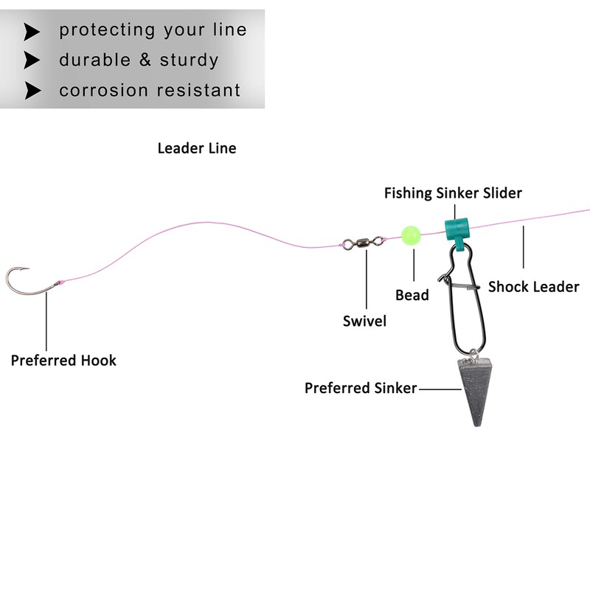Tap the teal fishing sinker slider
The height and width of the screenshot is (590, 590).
point(457,229)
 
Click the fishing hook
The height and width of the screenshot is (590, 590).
point(29,284)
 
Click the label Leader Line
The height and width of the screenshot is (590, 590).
point(197,148)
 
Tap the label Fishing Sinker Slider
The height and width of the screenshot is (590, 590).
point(453,193)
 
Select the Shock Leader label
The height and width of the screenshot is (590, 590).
point(533,286)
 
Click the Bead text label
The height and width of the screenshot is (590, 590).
point(412,295)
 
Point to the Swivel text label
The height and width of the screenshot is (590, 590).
point(364,321)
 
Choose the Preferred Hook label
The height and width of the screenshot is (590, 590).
point(63,361)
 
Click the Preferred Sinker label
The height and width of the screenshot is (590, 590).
point(361,387)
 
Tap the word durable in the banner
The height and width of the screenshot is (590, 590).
point(94,60)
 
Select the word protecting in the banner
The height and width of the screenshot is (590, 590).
point(107,30)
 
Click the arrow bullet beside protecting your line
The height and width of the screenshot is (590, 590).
point(32,31)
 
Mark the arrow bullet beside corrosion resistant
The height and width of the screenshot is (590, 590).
point(32,91)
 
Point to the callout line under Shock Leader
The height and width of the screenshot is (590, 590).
point(523,247)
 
